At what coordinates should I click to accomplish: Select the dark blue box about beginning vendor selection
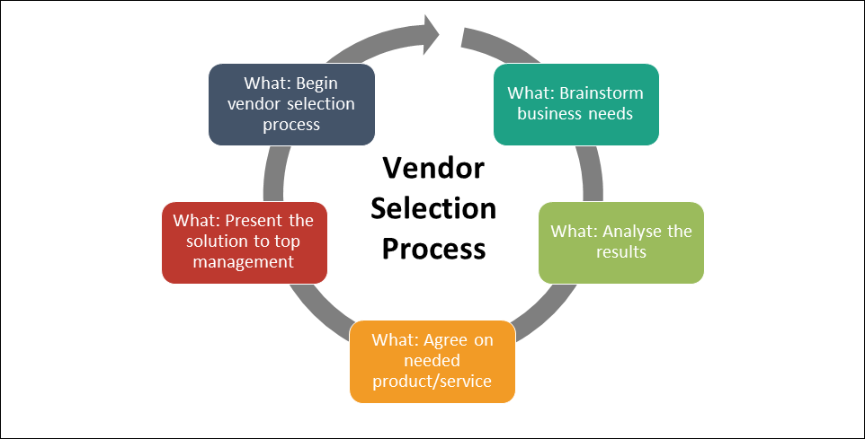pyautogui.click(x=291, y=104)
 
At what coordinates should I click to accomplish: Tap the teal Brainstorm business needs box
pyautogui.click(x=575, y=104)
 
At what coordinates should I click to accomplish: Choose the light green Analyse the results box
pyautogui.click(x=620, y=242)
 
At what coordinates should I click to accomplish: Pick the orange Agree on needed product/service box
pyautogui.click(x=432, y=360)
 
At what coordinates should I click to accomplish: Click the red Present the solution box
pyautogui.click(x=245, y=242)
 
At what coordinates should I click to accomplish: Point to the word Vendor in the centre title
pyautogui.click(x=433, y=169)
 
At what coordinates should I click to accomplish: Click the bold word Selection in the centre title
pyautogui.click(x=433, y=208)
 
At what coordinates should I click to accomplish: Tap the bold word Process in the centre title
pyautogui.click(x=433, y=248)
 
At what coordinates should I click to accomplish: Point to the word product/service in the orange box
pyautogui.click(x=432, y=382)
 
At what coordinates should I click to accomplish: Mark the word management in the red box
pyautogui.click(x=245, y=262)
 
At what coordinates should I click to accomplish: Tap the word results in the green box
pyautogui.click(x=621, y=252)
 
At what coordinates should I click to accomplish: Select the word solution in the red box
pyautogui.click(x=218, y=242)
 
